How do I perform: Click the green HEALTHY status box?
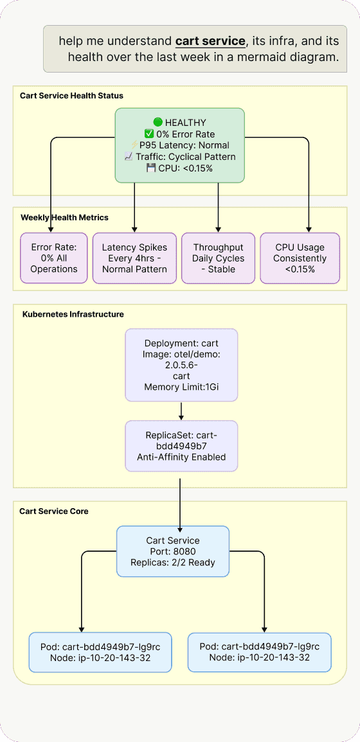point(179,145)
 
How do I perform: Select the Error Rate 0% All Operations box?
point(53,258)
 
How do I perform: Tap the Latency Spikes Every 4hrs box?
point(134,258)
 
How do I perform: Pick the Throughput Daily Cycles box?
point(219,258)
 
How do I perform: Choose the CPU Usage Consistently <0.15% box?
point(300,258)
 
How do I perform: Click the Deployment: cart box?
point(181,365)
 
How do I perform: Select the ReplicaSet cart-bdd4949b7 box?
point(181,446)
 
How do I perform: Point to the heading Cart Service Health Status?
point(71,96)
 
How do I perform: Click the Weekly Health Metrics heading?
point(64,218)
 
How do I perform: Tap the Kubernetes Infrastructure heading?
point(73,314)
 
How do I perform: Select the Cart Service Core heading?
point(54,511)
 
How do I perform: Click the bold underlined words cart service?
point(210,41)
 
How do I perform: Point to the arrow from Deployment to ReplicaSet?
point(181,411)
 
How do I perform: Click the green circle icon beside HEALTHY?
point(158,123)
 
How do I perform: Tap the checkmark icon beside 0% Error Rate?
point(149,134)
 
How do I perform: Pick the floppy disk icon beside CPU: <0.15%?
point(151,168)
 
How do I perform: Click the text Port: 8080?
point(173,551)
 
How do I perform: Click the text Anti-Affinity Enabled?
point(181,457)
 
